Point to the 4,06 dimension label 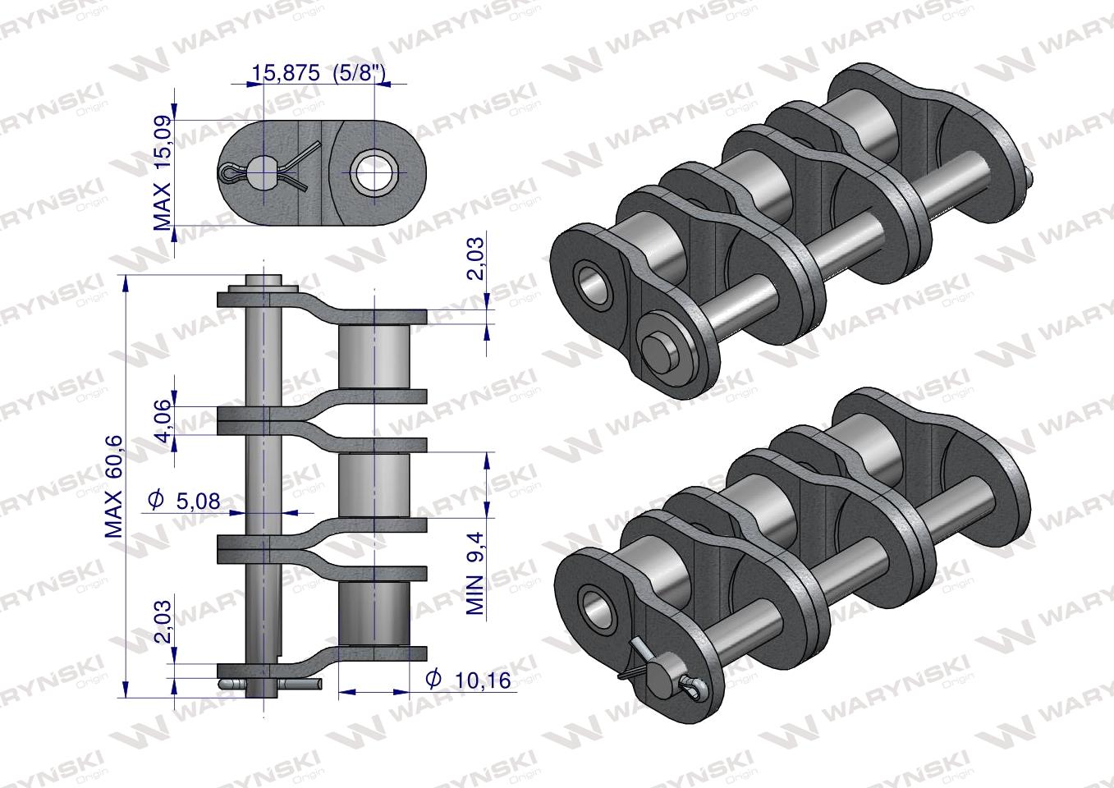164,420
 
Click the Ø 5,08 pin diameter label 184,500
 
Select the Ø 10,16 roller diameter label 468,680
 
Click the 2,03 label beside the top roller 475,256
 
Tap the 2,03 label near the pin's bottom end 163,621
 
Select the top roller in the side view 374,357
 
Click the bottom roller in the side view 374,613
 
